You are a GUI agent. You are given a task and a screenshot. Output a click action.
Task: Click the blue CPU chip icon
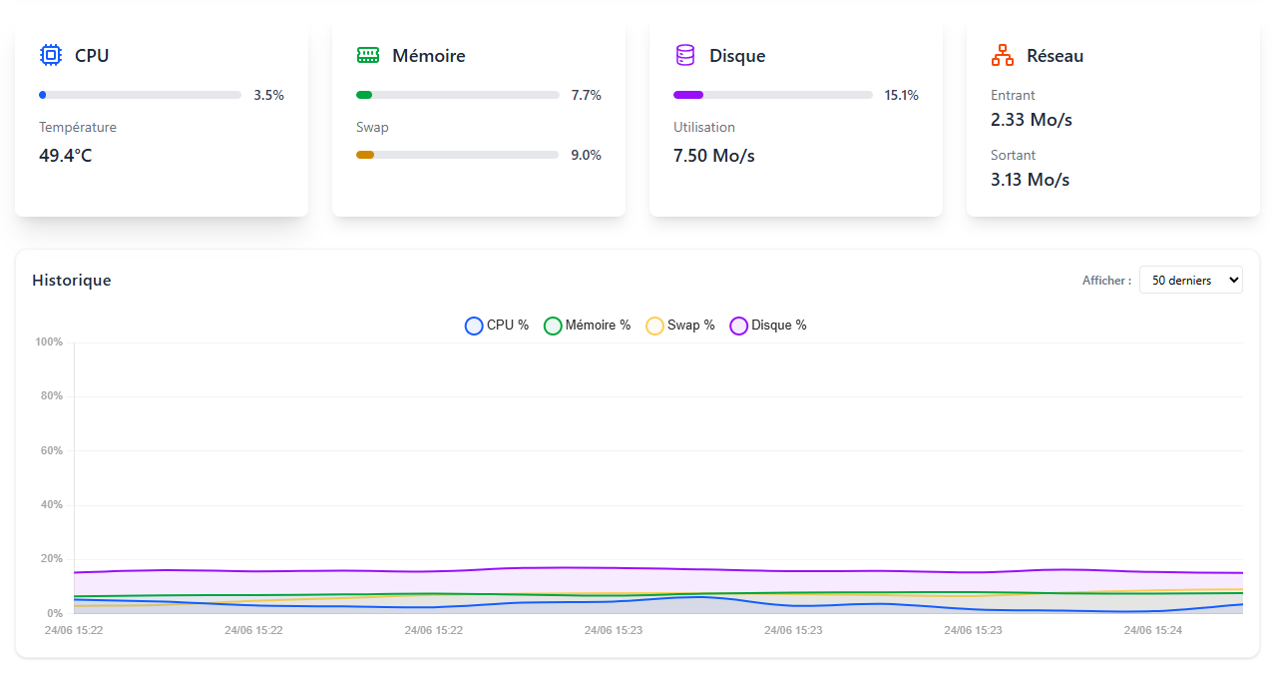tap(51, 55)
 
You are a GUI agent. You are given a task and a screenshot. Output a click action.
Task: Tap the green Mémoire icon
tap(368, 55)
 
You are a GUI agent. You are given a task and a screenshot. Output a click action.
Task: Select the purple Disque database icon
tap(685, 55)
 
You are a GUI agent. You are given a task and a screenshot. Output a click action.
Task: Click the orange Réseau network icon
tap(1003, 55)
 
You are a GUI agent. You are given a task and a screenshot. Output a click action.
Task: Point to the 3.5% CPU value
tap(268, 95)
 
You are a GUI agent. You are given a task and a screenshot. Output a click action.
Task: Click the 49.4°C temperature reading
tap(66, 156)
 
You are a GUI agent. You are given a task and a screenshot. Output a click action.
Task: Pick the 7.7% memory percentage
tap(586, 95)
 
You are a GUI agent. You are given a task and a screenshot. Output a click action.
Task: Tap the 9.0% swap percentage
tap(586, 155)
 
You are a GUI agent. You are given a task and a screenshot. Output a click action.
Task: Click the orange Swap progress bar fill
tap(365, 155)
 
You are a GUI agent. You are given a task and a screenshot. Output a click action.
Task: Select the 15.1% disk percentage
tap(901, 95)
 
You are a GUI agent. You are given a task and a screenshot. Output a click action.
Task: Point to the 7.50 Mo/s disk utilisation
tap(714, 156)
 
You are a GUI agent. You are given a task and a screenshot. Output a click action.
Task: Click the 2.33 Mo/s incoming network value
tap(1032, 120)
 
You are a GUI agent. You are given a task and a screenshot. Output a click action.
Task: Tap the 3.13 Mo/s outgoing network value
tap(1031, 180)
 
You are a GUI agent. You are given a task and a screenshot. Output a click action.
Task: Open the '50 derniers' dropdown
tap(1191, 281)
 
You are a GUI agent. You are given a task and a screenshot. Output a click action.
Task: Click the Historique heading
tap(72, 281)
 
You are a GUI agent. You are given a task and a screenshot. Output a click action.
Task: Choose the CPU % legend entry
tap(497, 326)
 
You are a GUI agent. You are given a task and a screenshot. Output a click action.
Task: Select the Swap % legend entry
tap(680, 326)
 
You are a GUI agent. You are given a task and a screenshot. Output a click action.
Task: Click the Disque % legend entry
tap(768, 326)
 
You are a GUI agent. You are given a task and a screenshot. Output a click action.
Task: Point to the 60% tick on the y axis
tap(50, 450)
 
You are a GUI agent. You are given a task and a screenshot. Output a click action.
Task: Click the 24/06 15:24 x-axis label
tap(1152, 631)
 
